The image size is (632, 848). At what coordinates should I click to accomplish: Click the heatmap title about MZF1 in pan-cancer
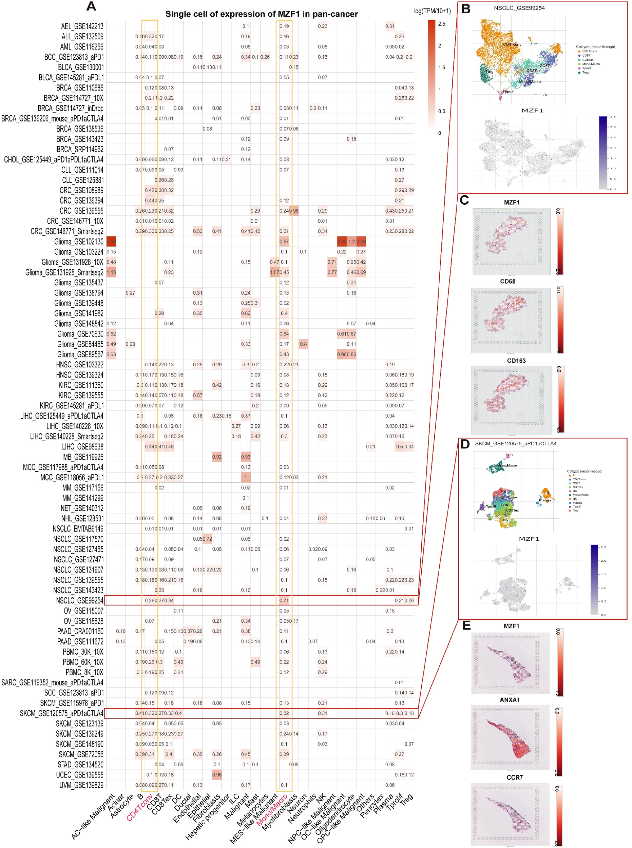[x=261, y=14]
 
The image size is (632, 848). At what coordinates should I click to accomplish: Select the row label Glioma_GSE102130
[x=79, y=242]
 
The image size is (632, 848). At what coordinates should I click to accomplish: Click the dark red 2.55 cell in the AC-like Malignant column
[x=111, y=242]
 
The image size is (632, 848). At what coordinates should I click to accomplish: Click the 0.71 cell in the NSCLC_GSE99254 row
[x=284, y=600]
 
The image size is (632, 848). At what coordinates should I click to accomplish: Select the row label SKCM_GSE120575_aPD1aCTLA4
[x=62, y=713]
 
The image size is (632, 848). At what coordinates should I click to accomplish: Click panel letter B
[x=465, y=9]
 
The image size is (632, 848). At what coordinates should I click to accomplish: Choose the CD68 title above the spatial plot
[x=507, y=282]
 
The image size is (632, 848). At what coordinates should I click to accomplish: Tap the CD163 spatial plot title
[x=516, y=361]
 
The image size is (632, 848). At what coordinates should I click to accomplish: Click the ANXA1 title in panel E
[x=510, y=700]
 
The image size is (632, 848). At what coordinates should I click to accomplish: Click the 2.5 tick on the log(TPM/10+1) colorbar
[x=441, y=24]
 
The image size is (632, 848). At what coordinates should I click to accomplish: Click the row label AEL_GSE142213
[x=82, y=26]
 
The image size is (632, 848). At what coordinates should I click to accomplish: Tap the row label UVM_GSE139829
[x=81, y=785]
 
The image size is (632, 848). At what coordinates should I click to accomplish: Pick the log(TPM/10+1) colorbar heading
[x=432, y=11]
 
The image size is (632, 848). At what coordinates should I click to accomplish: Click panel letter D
[x=465, y=444]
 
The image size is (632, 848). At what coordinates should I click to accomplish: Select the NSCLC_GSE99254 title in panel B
[x=519, y=8]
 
